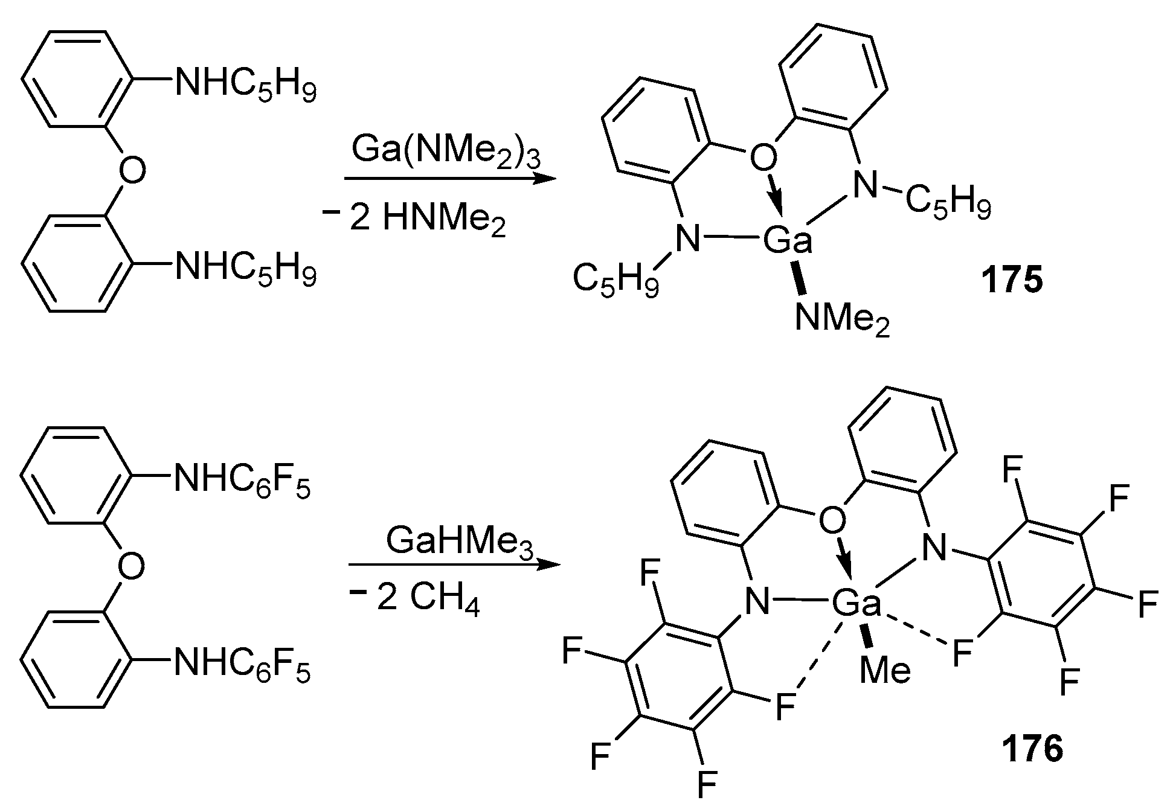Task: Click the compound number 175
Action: [x=1012, y=281]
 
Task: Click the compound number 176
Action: [x=1032, y=750]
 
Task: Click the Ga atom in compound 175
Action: [x=787, y=241]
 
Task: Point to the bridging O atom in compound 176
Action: [x=832, y=521]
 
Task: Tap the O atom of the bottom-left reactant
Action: [x=132, y=566]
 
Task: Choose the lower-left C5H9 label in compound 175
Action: [x=615, y=280]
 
